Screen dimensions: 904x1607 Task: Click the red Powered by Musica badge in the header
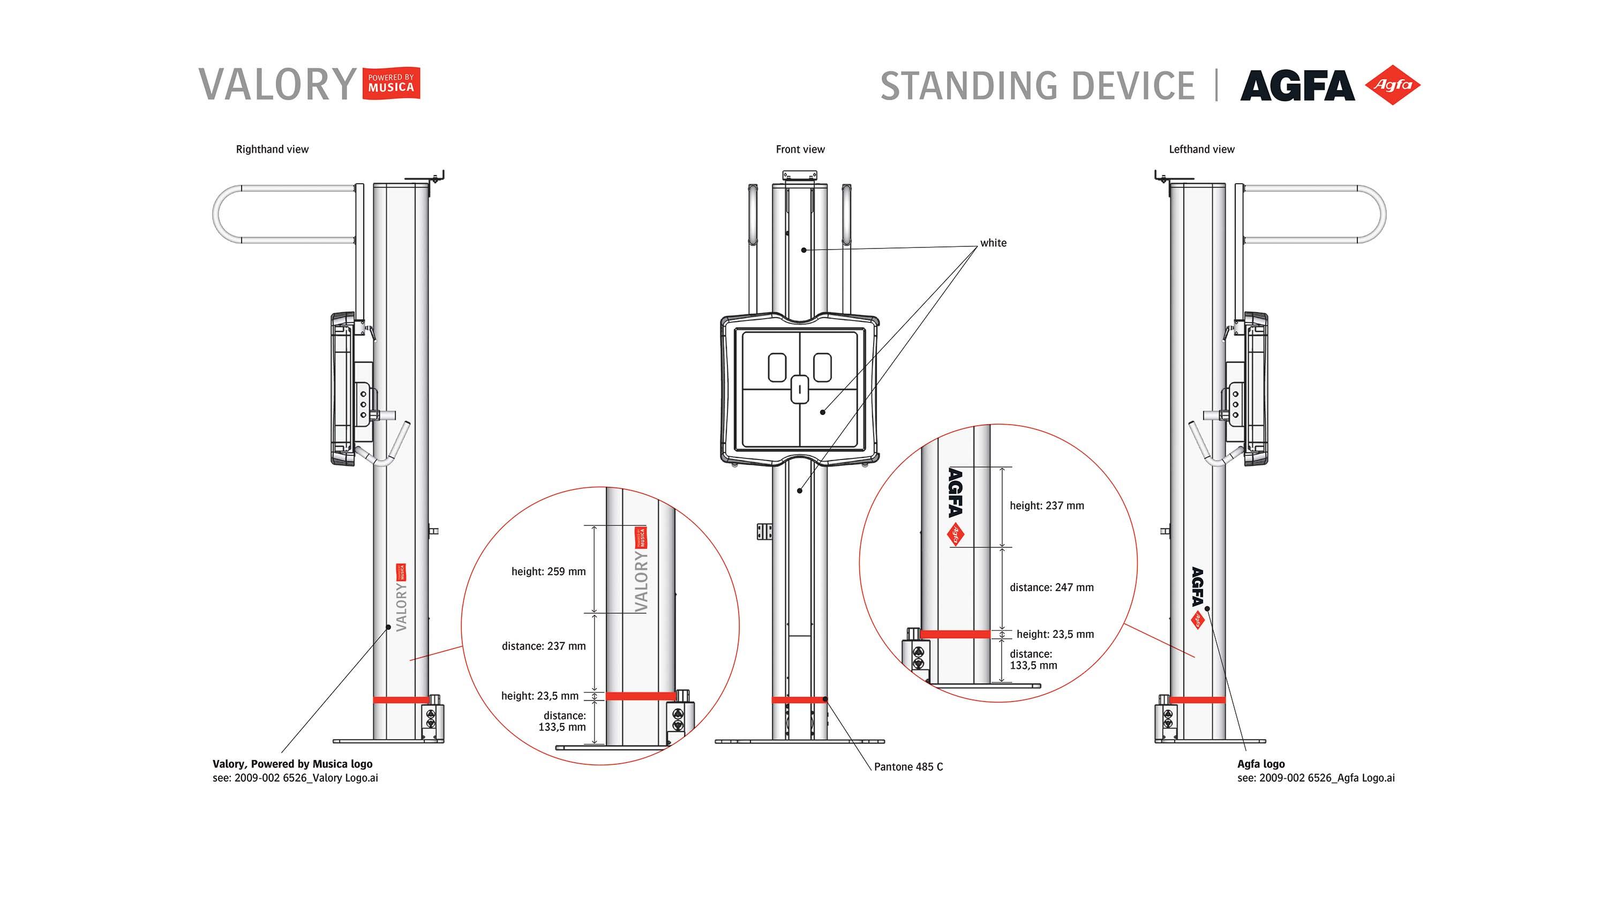click(391, 84)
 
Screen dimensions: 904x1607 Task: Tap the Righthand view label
click(272, 149)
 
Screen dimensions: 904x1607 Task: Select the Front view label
click(800, 149)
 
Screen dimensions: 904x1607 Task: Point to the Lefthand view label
click(1201, 149)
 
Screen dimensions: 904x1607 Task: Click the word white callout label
click(993, 243)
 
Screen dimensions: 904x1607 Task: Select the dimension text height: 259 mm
click(548, 571)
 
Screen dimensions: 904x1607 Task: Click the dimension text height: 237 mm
click(1046, 506)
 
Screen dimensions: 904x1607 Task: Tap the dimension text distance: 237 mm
click(543, 646)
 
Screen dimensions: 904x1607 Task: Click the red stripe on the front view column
click(799, 700)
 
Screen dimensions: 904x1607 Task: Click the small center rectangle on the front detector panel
click(800, 389)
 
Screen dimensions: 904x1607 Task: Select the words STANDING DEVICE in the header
click(1037, 86)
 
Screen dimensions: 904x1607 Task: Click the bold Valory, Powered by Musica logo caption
click(292, 764)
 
